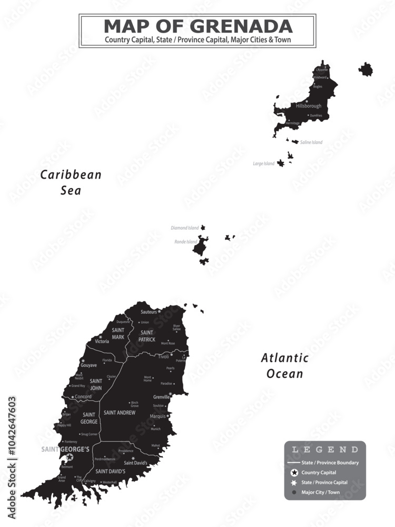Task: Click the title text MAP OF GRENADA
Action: [197, 26]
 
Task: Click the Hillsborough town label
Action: [308, 106]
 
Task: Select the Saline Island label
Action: [311, 142]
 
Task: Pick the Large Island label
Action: [264, 163]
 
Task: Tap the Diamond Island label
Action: [185, 228]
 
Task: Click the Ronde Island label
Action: [185, 242]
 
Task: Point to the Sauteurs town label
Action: [149, 312]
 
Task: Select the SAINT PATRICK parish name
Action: [147, 336]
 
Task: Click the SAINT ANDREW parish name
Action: [119, 413]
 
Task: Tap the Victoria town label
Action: [102, 341]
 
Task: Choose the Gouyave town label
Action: [88, 365]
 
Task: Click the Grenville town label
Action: [161, 397]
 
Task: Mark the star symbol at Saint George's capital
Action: [69, 457]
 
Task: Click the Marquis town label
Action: [157, 416]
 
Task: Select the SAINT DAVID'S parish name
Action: [110, 471]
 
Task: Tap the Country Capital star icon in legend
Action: [294, 473]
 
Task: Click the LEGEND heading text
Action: [325, 450]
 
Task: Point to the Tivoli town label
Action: [163, 357]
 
